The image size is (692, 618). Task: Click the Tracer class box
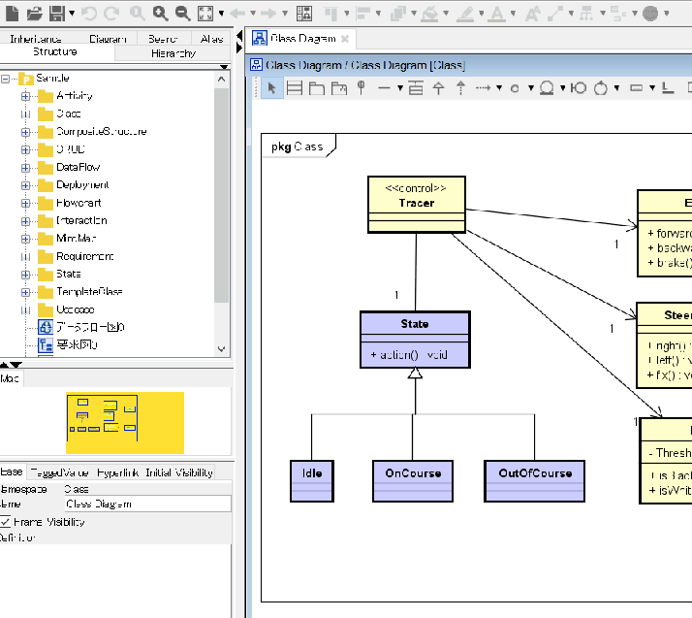tap(417, 205)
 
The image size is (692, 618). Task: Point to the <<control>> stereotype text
tap(416, 188)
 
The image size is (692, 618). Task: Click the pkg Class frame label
tap(297, 146)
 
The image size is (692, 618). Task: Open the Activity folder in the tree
tap(74, 96)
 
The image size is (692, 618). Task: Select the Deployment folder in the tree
tap(81, 184)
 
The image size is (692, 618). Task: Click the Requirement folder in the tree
tap(84, 256)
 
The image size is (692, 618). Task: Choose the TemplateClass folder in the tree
tap(88, 291)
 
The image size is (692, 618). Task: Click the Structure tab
tap(54, 52)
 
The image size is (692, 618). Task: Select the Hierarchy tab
tap(173, 53)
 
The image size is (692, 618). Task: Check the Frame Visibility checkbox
tap(6, 522)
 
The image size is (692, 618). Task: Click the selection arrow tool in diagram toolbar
tap(271, 88)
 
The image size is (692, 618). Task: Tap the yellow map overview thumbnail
tap(124, 423)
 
